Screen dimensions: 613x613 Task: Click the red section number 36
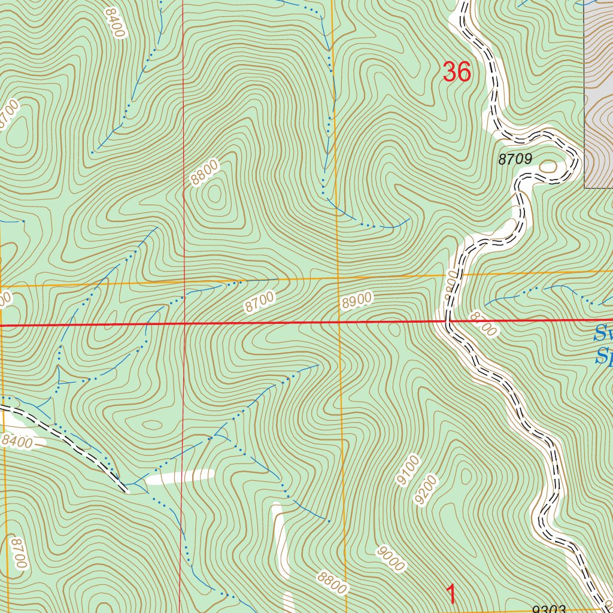(x=457, y=72)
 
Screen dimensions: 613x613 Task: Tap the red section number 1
(x=452, y=594)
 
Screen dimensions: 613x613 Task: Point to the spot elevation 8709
(x=515, y=159)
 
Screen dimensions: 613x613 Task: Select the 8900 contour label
(x=357, y=301)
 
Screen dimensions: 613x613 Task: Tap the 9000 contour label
(x=391, y=558)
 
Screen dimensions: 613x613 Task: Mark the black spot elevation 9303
(x=549, y=608)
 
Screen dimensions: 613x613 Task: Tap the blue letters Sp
(x=603, y=357)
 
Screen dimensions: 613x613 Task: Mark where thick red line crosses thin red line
(x=185, y=324)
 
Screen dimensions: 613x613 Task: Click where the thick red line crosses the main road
(x=448, y=321)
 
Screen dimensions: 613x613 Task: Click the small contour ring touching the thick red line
(x=394, y=327)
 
